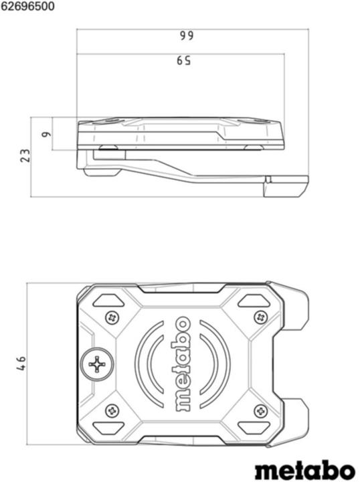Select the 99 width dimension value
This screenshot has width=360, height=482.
186,36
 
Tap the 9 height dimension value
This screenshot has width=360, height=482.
46,134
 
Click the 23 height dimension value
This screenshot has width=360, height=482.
25,155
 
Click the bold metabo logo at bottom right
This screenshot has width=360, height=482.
304,467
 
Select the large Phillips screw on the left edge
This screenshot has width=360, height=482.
98,364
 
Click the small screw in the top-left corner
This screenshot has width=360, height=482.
112,317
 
